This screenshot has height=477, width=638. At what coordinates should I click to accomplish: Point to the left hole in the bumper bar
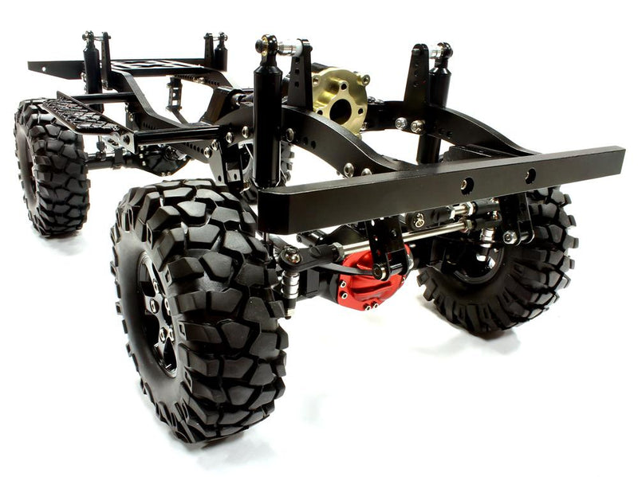[x=467, y=186]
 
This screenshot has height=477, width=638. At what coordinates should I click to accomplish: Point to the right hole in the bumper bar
[x=530, y=175]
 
